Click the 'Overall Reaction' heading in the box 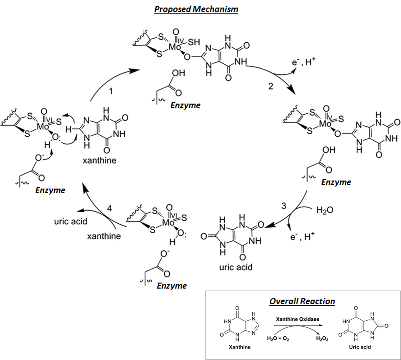(x=302, y=301)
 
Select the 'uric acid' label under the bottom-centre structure (x=235, y=267)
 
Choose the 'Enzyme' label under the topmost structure (x=185, y=105)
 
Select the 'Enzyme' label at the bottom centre (x=171, y=286)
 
